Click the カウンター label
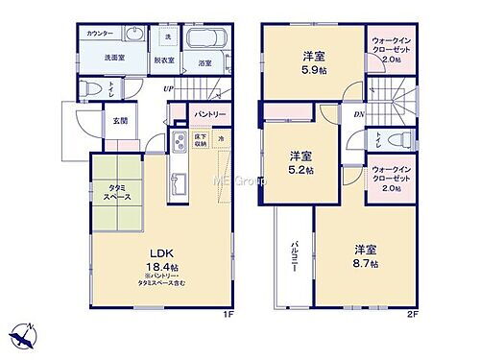coord(98,35)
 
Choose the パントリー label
coord(209,114)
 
